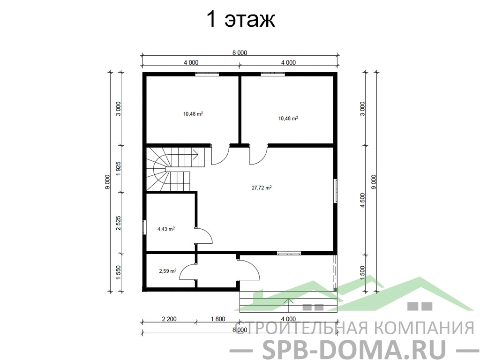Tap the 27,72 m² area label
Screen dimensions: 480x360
click(262, 187)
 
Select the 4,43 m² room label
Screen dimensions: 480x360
click(166, 229)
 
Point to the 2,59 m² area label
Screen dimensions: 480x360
click(167, 270)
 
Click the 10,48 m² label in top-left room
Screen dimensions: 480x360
click(193, 114)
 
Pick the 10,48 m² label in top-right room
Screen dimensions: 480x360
click(288, 118)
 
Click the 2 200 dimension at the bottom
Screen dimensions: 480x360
click(169, 319)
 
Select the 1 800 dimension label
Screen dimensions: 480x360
click(218, 319)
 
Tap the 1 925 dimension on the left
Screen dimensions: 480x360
click(119, 169)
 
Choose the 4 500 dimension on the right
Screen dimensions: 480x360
click(362, 201)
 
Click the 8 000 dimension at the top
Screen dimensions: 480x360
click(240, 52)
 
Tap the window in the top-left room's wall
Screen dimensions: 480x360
click(207, 74)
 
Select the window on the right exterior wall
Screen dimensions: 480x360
click(336, 191)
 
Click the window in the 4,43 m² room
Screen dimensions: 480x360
click(144, 227)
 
